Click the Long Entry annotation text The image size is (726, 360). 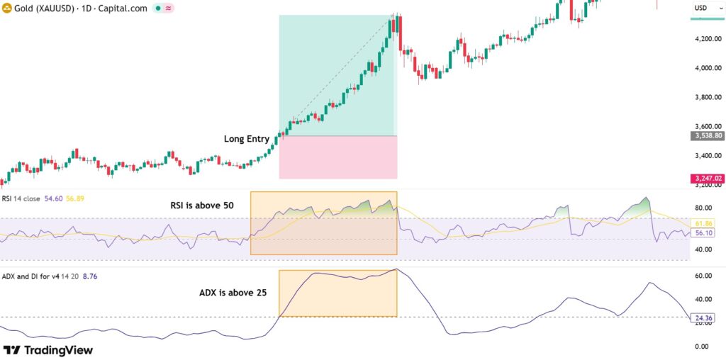[247, 139]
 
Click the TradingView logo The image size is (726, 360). [48, 350]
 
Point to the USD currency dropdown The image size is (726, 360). [704, 8]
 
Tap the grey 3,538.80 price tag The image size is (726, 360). [706, 135]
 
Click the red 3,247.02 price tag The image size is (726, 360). [706, 179]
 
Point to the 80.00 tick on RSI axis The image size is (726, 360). [703, 208]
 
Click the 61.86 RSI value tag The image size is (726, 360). [703, 223]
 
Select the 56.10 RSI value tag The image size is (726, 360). [703, 232]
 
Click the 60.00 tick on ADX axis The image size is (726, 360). [703, 276]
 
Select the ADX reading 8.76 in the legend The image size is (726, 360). [91, 276]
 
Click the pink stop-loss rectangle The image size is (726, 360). [337, 157]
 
